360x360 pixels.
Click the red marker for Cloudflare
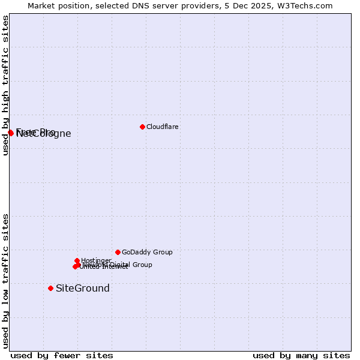(x=142, y=127)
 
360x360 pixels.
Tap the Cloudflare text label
(x=163, y=127)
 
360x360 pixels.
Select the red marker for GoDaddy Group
(x=118, y=252)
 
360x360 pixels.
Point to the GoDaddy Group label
(x=147, y=252)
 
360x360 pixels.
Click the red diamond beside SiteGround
(x=50, y=288)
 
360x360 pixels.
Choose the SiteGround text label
(x=83, y=288)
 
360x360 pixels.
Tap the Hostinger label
(x=96, y=260)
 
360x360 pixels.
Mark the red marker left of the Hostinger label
(x=77, y=260)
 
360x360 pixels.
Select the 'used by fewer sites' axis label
(x=62, y=355)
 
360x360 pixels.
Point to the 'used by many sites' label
(x=301, y=355)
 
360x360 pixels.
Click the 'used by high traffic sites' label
(x=5, y=85)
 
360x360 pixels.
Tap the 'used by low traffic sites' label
(x=5, y=281)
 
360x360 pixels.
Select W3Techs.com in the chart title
(x=307, y=5)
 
